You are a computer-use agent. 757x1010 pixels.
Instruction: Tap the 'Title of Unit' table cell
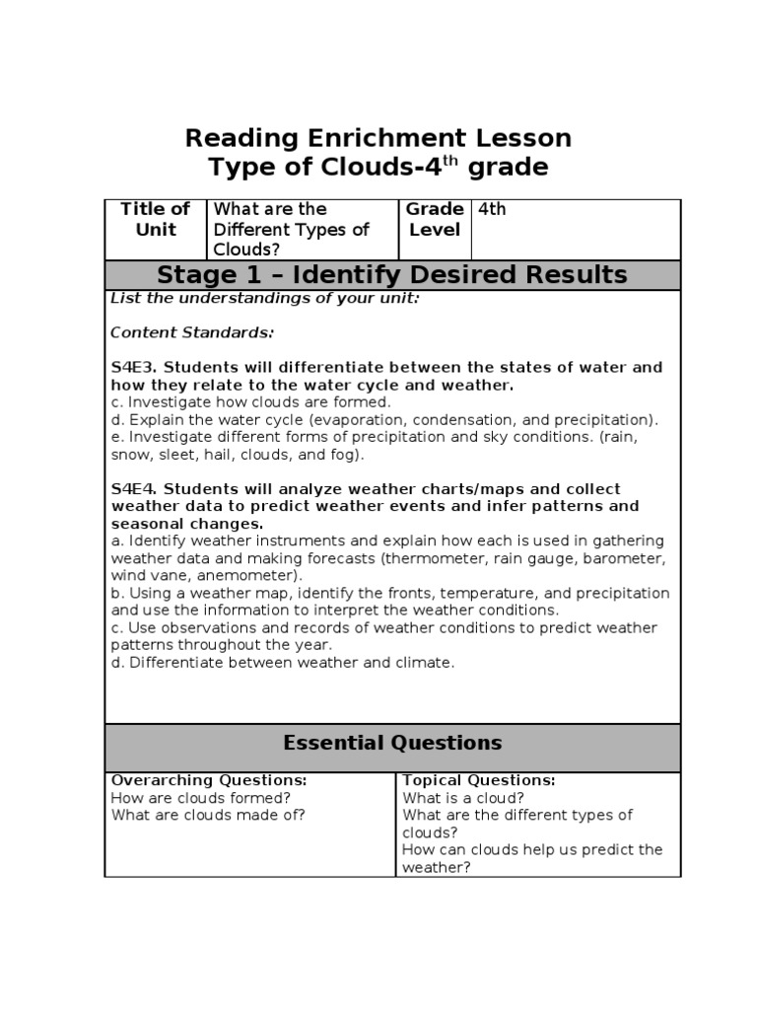pyautogui.click(x=155, y=219)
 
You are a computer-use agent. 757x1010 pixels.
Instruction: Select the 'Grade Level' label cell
pyautogui.click(x=434, y=219)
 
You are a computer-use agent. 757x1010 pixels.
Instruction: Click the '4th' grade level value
pyautogui.click(x=492, y=209)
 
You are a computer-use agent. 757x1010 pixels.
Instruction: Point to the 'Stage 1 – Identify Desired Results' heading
pyautogui.click(x=392, y=274)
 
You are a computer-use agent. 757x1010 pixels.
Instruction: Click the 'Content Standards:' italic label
pyautogui.click(x=192, y=332)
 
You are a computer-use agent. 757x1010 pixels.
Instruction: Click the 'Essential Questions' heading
pyautogui.click(x=392, y=744)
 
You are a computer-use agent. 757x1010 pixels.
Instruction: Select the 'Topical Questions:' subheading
pyautogui.click(x=479, y=780)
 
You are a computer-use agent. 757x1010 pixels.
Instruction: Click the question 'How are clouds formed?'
pyautogui.click(x=200, y=798)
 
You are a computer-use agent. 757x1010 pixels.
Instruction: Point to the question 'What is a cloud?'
pyautogui.click(x=463, y=798)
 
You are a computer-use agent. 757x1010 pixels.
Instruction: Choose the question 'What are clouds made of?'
pyautogui.click(x=208, y=815)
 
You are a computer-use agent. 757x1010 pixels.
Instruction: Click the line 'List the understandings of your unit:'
pyautogui.click(x=265, y=298)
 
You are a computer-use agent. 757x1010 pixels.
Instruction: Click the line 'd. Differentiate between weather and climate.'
pyautogui.click(x=283, y=663)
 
